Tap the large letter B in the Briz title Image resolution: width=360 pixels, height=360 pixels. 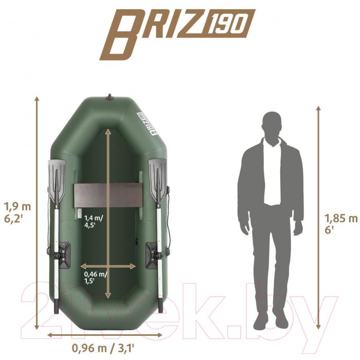click(x=121, y=34)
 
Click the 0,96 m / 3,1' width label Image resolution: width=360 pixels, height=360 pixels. click(x=103, y=348)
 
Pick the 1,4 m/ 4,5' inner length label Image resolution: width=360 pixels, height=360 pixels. click(x=94, y=221)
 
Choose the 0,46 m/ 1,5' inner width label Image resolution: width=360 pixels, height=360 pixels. click(x=96, y=277)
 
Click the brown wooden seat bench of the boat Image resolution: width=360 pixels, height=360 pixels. click(x=108, y=195)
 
